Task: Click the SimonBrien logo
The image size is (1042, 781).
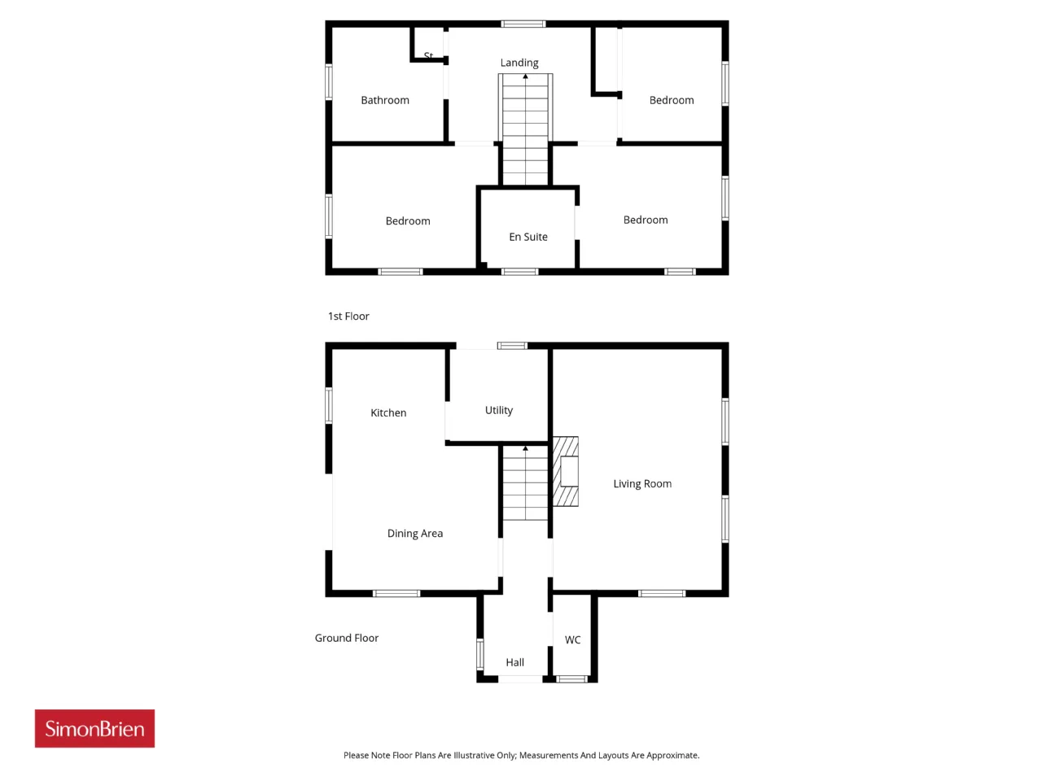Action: pos(94,728)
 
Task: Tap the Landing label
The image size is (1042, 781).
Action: pos(519,63)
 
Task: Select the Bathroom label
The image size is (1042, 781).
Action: pos(384,100)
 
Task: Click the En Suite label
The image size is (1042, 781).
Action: pos(528,237)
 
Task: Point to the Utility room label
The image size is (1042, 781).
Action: pos(498,410)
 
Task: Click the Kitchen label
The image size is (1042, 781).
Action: pos(387,412)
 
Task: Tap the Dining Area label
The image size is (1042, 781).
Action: pos(415,534)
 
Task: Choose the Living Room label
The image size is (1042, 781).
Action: pos(642,484)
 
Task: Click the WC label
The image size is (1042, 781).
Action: pos(572,639)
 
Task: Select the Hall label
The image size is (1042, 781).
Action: pos(514,662)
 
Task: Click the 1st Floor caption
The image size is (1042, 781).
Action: pos(348,316)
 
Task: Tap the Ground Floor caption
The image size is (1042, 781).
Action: pos(347,638)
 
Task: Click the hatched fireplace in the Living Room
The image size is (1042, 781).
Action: pos(566,471)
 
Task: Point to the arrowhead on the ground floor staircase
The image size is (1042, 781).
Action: pos(526,448)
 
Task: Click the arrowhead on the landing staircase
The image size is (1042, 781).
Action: pos(526,76)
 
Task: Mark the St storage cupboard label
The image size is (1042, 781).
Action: pos(428,55)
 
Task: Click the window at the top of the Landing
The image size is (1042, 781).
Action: pos(523,24)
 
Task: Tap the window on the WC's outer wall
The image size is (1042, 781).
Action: pos(571,679)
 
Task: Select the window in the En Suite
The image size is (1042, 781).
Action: pos(520,272)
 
